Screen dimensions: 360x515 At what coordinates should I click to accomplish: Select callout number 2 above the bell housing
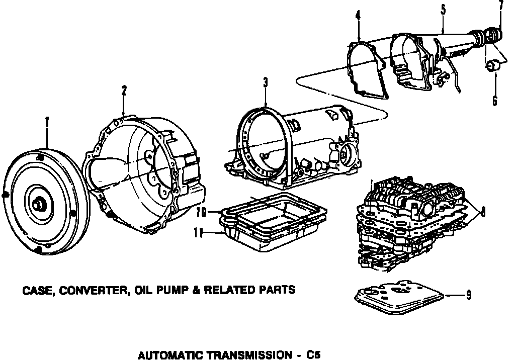[124, 91]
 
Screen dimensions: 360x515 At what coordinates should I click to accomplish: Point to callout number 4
[358, 16]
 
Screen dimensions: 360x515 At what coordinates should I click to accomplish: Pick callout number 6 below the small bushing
[494, 101]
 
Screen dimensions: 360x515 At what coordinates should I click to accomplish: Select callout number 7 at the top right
[501, 6]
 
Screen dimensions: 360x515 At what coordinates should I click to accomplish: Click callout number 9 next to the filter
[468, 296]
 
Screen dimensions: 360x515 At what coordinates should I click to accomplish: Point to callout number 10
[202, 213]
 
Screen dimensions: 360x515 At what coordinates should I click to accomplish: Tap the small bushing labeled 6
[493, 65]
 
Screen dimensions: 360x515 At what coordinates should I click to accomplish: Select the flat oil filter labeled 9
[398, 295]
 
